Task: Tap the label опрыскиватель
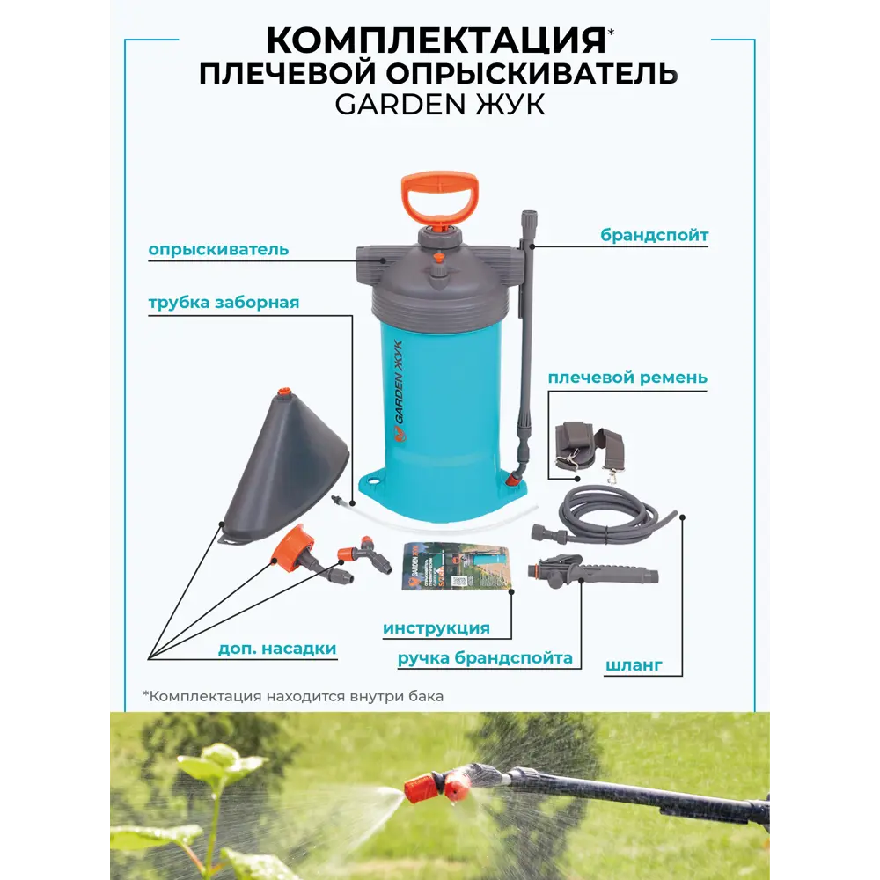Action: pos(218,249)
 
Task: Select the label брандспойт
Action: pos(655,235)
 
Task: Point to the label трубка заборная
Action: pos(224,303)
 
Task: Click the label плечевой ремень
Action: pos(627,378)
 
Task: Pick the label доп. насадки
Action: pos(277,649)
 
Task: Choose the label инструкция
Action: pos(436,628)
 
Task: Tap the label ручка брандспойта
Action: pos(485,657)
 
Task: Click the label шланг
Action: pos(634,665)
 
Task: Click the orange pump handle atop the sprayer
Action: pos(437,197)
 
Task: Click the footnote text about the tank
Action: pos(293,696)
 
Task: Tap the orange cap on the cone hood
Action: pos(283,392)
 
